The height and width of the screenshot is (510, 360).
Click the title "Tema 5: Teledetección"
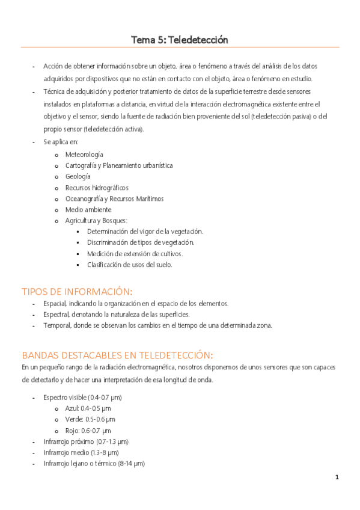180,40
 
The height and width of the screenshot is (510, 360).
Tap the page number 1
337,477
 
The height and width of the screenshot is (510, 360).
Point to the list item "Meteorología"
84,155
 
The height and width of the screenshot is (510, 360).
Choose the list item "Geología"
78,176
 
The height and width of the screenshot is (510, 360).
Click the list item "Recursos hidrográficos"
97,188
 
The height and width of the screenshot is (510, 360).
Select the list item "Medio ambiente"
88,209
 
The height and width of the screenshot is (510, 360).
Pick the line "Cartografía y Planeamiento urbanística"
119,165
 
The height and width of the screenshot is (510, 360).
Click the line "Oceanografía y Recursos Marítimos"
114,198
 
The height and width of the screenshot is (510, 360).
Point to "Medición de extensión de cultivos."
135,254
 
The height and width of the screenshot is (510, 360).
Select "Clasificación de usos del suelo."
130,265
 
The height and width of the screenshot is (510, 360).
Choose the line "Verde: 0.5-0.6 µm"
90,419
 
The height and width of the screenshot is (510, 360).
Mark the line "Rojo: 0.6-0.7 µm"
88,431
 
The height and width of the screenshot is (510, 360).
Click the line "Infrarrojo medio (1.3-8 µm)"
81,452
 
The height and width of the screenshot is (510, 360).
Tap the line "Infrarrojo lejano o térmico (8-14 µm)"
94,463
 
